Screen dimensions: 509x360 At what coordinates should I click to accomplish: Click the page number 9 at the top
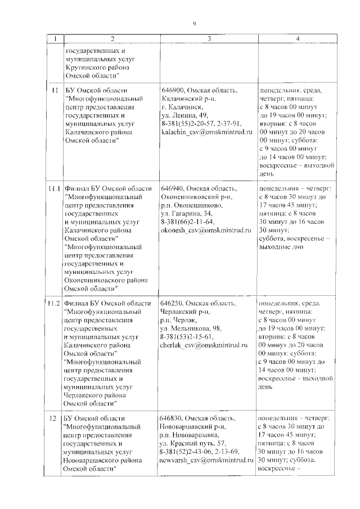coord(194,23)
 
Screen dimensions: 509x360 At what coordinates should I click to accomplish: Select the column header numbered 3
coord(209,38)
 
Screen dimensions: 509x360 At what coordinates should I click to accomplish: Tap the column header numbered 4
coord(298,38)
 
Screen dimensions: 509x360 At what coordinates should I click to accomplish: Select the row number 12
coord(53,419)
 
